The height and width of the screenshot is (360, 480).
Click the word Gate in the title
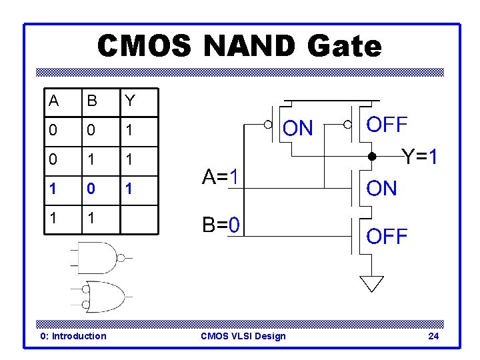(x=345, y=47)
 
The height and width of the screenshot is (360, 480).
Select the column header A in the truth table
(x=54, y=101)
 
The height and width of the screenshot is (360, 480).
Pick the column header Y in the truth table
(x=130, y=101)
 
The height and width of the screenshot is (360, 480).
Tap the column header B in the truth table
(x=92, y=101)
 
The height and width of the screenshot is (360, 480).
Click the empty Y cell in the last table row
(x=139, y=219)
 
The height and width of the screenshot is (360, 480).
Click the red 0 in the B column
(x=92, y=190)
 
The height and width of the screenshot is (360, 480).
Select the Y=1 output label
(x=419, y=158)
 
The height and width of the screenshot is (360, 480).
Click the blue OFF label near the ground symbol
(x=387, y=236)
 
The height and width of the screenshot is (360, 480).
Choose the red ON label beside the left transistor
(x=297, y=128)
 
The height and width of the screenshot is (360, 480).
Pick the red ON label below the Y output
(x=381, y=189)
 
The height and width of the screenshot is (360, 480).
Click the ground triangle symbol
(x=372, y=283)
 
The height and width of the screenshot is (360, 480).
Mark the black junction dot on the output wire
(x=372, y=158)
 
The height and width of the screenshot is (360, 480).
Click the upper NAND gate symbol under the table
(x=99, y=258)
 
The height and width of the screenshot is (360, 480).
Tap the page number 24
(x=433, y=336)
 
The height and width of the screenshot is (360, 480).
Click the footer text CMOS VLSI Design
(x=243, y=336)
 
